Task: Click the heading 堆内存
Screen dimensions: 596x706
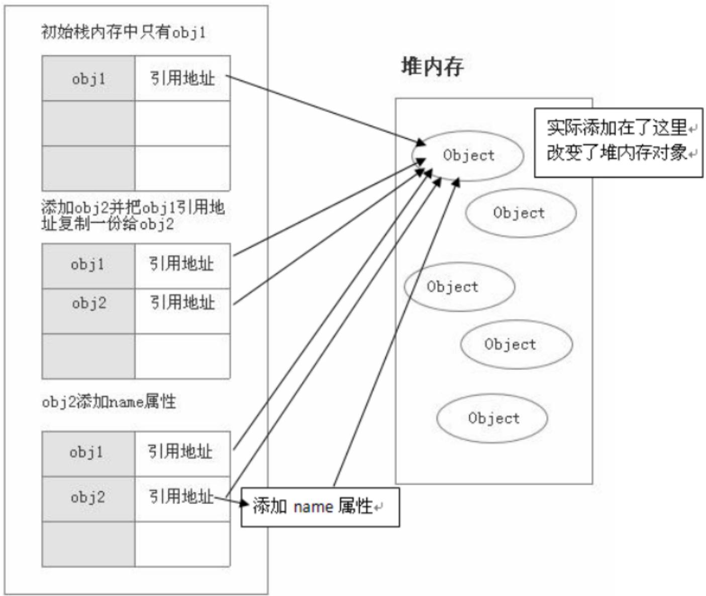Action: tap(432, 67)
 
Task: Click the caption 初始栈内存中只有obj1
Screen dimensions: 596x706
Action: tap(123, 33)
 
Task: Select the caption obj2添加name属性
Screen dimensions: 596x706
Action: tap(109, 402)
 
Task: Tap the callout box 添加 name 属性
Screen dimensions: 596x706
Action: tap(320, 507)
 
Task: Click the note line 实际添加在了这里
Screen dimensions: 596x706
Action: tap(617, 128)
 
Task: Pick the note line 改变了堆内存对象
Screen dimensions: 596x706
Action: tap(617, 152)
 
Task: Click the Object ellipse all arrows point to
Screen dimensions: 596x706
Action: tap(468, 155)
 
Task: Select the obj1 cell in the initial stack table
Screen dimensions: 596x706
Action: tap(88, 78)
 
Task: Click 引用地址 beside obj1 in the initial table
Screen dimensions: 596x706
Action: tap(182, 78)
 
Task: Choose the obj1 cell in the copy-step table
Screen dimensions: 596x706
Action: tap(88, 264)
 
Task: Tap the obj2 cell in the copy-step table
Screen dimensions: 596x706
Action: tap(88, 303)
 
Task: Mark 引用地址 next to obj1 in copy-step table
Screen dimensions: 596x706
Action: tap(181, 264)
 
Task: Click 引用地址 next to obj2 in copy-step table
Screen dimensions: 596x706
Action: tap(182, 303)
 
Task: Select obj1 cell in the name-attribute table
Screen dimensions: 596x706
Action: tap(87, 452)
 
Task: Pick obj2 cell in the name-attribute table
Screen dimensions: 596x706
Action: tap(87, 498)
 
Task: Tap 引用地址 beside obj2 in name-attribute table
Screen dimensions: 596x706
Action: tap(181, 496)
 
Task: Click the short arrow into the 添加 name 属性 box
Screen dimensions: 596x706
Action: tap(231, 500)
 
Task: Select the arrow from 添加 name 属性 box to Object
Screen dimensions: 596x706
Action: tap(394, 332)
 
